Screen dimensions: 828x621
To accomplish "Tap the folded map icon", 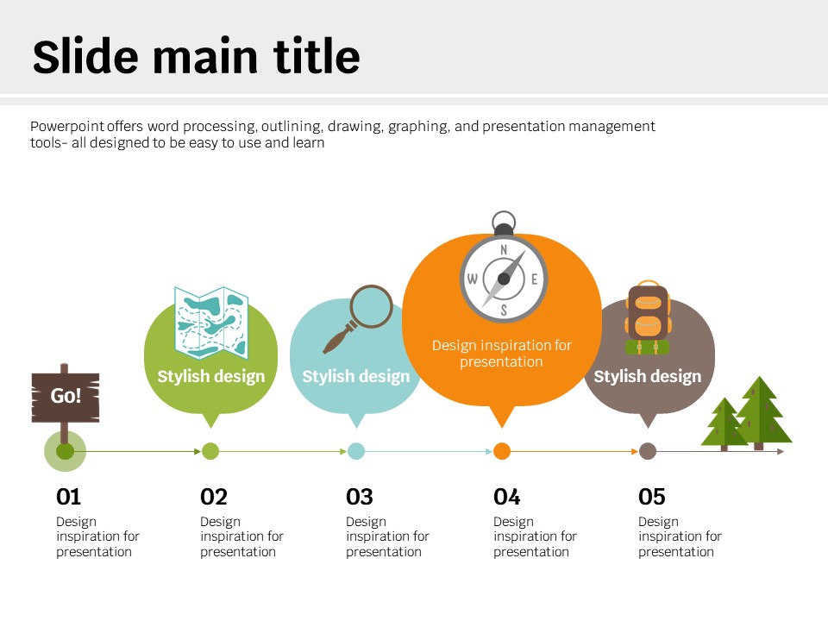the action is pos(211,323).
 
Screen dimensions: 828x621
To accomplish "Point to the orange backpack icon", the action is pos(648,317).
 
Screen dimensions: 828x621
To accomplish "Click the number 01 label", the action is pos(69,497).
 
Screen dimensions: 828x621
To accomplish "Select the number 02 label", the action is pos(214,497).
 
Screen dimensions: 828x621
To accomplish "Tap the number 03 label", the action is pos(360,497).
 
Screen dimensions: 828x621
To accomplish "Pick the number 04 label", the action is pos(507,497).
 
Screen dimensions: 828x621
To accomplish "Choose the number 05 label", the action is pos(652,497).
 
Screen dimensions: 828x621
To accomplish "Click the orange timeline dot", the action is pos(502,451).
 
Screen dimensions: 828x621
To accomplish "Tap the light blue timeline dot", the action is pos(356,451).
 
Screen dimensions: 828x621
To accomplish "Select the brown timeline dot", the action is pos(648,451).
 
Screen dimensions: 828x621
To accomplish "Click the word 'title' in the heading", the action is pos(317,55).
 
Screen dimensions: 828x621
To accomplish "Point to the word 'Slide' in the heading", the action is pos(86,55).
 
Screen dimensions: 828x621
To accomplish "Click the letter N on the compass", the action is pos(504,250).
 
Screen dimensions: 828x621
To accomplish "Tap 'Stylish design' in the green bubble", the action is pos(211,377).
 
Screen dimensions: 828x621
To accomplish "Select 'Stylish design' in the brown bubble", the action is pos(648,377).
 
